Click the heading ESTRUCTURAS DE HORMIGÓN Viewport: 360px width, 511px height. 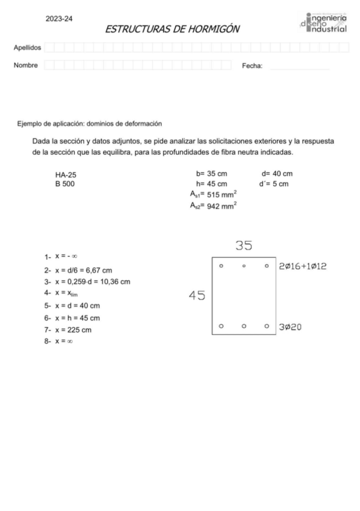173,28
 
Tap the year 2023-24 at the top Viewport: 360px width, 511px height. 59,19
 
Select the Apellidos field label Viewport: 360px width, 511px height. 27,48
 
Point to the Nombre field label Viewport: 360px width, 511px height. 26,65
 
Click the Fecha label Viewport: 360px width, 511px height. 252,66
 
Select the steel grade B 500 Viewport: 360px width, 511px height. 65,184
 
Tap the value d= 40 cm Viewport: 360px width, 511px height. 277,174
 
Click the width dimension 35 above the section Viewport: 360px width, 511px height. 243,246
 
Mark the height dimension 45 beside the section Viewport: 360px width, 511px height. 197,295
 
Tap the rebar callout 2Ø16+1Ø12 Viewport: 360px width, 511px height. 303,266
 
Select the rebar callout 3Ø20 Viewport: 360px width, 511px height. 293,327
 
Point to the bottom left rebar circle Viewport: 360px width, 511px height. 222,326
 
